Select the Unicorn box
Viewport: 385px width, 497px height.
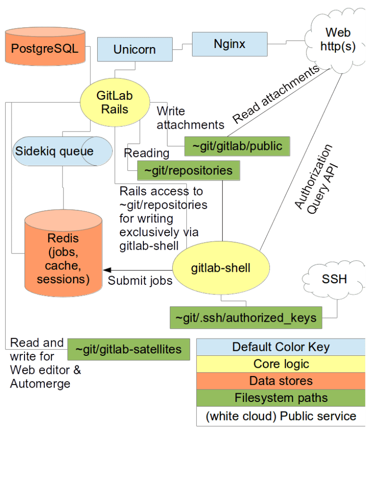[134, 49]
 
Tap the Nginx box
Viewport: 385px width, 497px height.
[230, 44]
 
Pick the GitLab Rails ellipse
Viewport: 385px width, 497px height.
[115, 102]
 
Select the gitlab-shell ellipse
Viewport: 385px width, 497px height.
[221, 267]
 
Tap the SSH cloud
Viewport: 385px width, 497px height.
[334, 279]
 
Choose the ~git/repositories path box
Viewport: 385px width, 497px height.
[189, 170]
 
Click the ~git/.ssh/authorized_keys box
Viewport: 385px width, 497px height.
[245, 318]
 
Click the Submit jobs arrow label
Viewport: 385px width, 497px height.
[140, 281]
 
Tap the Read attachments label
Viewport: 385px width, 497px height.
[276, 95]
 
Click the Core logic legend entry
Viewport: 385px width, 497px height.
[281, 364]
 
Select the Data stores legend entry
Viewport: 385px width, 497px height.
[281, 381]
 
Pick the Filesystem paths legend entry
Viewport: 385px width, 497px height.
[281, 398]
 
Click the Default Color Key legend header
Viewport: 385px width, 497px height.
[281, 347]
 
